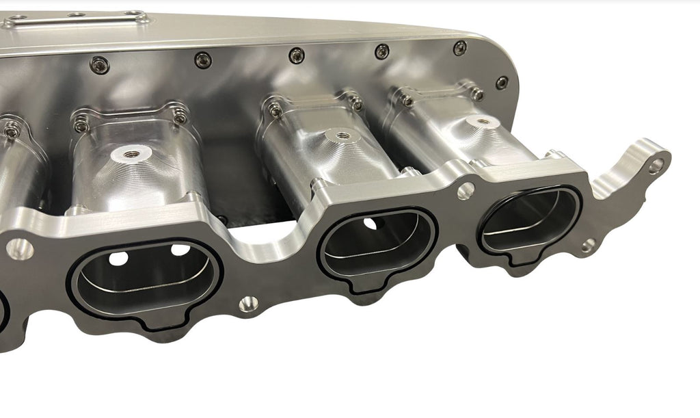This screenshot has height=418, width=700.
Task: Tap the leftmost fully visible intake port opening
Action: click(145, 280)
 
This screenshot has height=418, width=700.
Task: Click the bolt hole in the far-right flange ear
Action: click(656, 164)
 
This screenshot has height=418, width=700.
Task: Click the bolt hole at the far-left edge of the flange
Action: click(18, 248)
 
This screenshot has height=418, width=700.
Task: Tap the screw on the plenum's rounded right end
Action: click(502, 83)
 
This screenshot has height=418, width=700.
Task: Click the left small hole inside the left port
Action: click(116, 259)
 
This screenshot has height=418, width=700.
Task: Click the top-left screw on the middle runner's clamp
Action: click(275, 107)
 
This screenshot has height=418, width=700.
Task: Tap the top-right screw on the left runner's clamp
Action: click(179, 118)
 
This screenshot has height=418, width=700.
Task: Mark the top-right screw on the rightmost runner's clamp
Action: click(478, 94)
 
